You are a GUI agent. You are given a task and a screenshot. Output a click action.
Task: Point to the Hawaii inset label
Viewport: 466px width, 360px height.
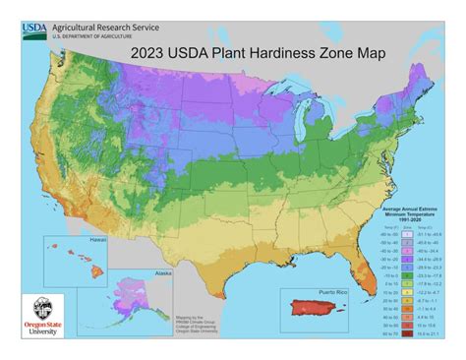pyautogui.click(x=70, y=241)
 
